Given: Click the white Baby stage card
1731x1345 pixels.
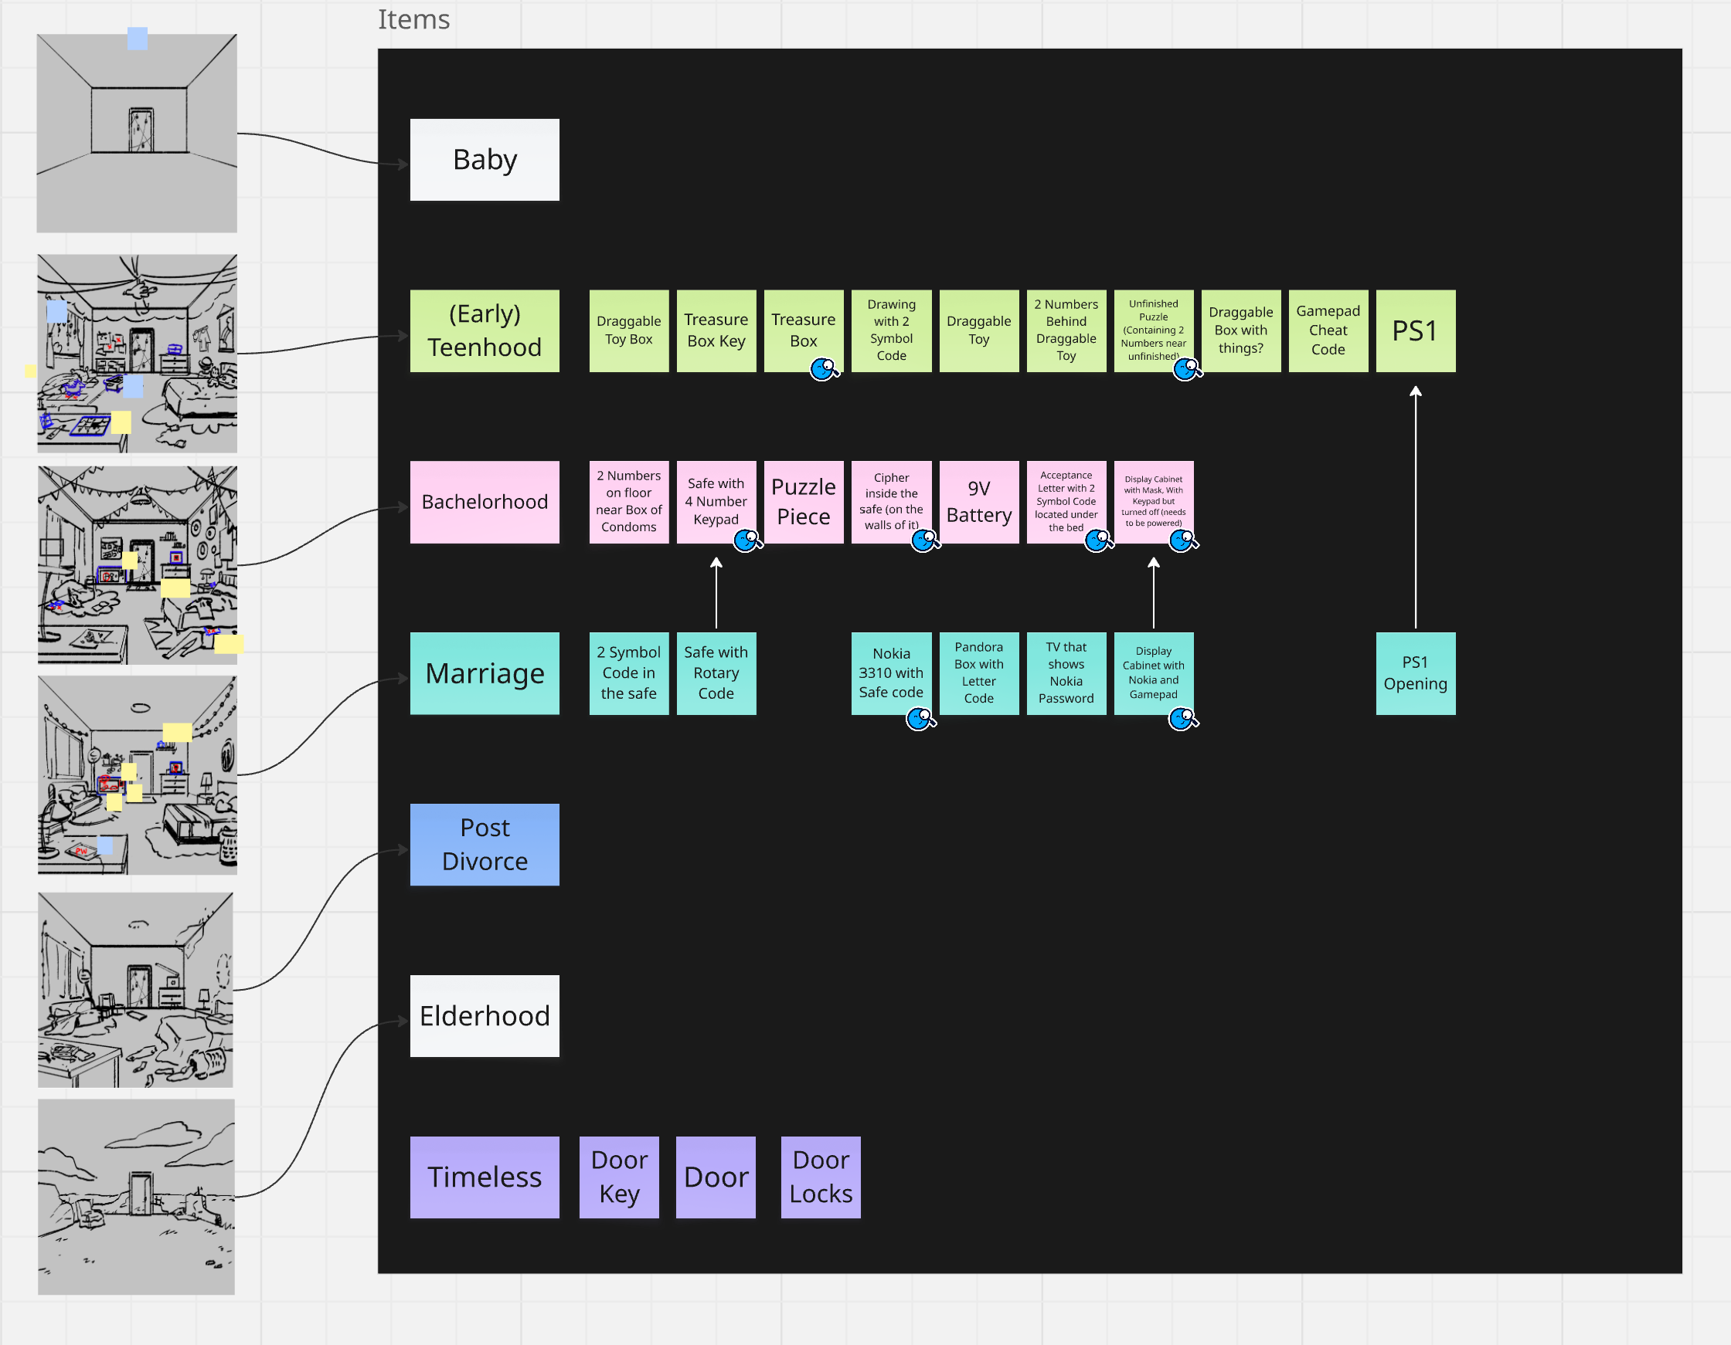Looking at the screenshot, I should click(x=485, y=160).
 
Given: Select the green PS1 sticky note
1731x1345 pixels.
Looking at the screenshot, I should click(x=1415, y=331).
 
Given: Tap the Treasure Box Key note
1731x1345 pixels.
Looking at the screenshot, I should click(x=716, y=331).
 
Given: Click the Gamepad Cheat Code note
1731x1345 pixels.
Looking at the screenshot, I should click(x=1328, y=331).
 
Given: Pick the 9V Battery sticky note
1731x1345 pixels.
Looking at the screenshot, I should click(x=979, y=502).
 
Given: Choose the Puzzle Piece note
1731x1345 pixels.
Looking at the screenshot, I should click(x=803, y=502).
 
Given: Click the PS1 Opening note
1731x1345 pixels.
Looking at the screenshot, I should click(x=1415, y=673).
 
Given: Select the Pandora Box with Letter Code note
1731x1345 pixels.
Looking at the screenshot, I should click(x=979, y=673).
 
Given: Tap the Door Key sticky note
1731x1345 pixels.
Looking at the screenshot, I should click(x=619, y=1177).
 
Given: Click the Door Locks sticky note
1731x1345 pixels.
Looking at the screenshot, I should click(x=821, y=1177).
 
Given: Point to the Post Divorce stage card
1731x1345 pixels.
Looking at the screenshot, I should click(x=485, y=845).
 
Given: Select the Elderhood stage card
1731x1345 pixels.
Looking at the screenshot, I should click(x=485, y=1015).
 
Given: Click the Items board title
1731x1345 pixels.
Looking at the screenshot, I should click(x=413, y=19).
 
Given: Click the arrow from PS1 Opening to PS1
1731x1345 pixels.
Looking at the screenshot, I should click(x=1416, y=507).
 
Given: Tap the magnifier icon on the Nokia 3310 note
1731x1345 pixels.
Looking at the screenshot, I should click(x=920, y=720).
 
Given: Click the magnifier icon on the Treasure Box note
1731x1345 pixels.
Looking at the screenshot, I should click(x=825, y=369).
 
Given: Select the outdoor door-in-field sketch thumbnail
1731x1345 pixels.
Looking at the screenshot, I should click(x=136, y=1196).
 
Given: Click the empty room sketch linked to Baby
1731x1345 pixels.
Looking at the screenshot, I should click(x=136, y=133).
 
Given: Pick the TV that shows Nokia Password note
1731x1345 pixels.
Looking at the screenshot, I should click(x=1066, y=673).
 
